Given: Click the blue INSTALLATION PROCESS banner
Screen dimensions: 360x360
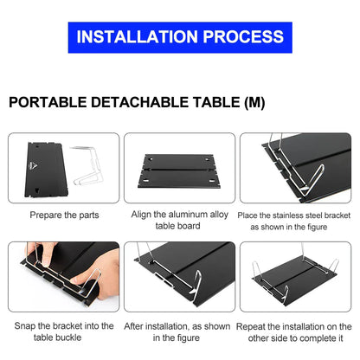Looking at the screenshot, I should (x=180, y=37).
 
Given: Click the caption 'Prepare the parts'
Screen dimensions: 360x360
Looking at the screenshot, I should (x=64, y=215).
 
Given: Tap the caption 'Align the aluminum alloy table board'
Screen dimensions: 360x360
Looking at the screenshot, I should (x=179, y=220).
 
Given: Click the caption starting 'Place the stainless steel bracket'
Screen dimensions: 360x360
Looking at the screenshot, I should (x=294, y=221).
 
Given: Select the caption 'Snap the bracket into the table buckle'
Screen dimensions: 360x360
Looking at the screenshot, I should (x=64, y=332).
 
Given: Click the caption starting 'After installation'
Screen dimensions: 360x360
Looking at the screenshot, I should (x=179, y=332).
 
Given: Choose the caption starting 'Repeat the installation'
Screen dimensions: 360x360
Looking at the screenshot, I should (x=294, y=332).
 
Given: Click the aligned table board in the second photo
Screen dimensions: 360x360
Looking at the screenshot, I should (x=179, y=170).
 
